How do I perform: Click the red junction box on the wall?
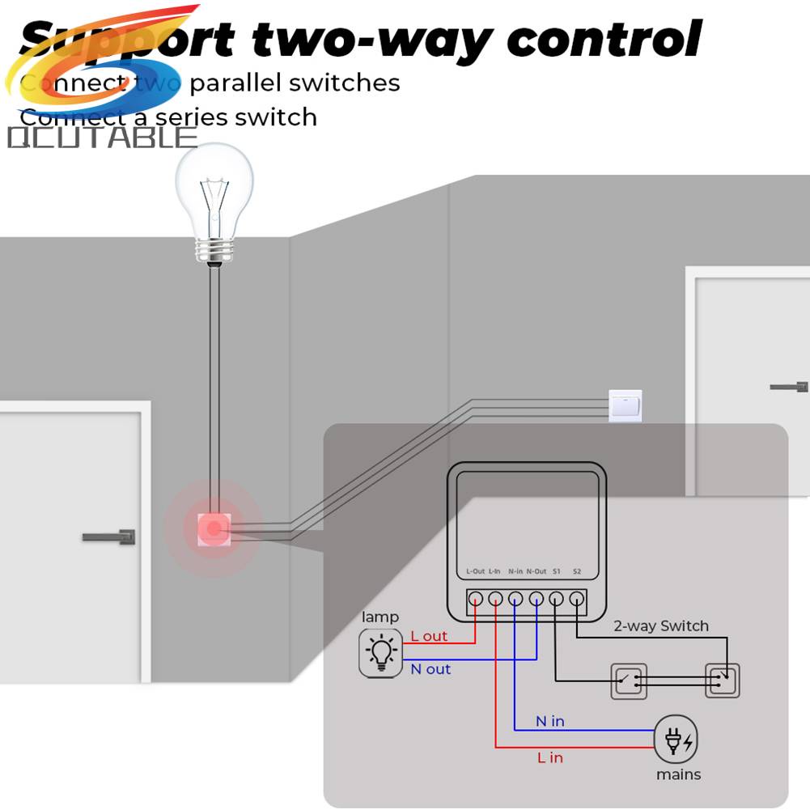[x=214, y=530]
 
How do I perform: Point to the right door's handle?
[x=790, y=387]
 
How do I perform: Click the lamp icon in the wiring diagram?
[x=380, y=652]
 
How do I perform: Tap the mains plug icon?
[x=676, y=739]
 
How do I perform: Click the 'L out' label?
[x=429, y=636]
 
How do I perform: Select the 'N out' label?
[x=430, y=669]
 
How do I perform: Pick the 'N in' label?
[x=550, y=721]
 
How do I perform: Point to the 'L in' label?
[x=550, y=757]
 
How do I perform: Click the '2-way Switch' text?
[x=661, y=626]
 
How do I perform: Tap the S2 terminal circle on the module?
[x=576, y=600]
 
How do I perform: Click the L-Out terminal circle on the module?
[x=475, y=600]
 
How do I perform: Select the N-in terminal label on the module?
[x=515, y=571]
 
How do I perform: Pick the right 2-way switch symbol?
[x=722, y=681]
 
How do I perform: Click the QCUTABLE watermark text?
[x=102, y=138]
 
